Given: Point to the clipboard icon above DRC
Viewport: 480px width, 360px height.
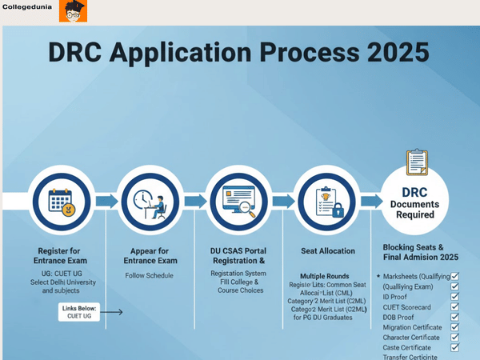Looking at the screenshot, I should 418,162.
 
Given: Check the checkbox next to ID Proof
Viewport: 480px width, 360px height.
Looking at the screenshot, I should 454,296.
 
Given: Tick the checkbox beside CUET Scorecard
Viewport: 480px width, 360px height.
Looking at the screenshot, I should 454,306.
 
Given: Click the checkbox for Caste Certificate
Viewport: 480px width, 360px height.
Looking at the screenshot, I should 454,348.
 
